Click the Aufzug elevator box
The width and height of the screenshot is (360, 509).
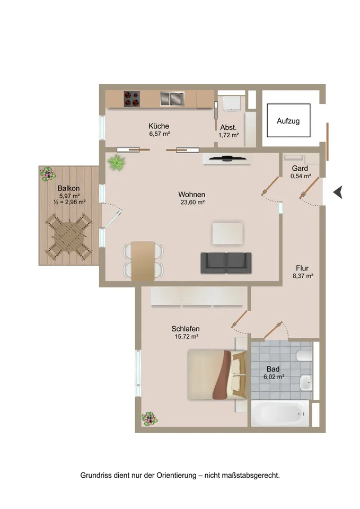click(288, 120)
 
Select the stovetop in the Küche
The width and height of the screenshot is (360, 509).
click(132, 99)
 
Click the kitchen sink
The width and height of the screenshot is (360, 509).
click(172, 99)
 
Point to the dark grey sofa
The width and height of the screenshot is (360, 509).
click(226, 262)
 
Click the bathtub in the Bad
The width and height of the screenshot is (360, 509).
click(280, 413)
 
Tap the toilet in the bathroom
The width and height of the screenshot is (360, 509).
click(304, 355)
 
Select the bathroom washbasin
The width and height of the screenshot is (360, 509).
click(306, 383)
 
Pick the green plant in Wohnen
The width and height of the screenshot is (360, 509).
click(117, 162)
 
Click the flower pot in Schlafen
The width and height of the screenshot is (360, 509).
click(150, 419)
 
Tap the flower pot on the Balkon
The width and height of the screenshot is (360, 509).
click(48, 174)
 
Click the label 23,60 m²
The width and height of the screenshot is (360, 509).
click(192, 202)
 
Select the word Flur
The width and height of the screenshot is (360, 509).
click(302, 268)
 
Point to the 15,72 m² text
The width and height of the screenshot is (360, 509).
click(186, 337)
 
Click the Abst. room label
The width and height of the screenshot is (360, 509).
click(229, 128)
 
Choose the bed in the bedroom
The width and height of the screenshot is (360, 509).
click(217, 374)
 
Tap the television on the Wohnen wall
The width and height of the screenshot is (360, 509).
click(227, 159)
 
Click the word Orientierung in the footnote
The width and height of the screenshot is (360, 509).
click(177, 476)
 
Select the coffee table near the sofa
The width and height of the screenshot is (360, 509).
click(227, 233)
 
